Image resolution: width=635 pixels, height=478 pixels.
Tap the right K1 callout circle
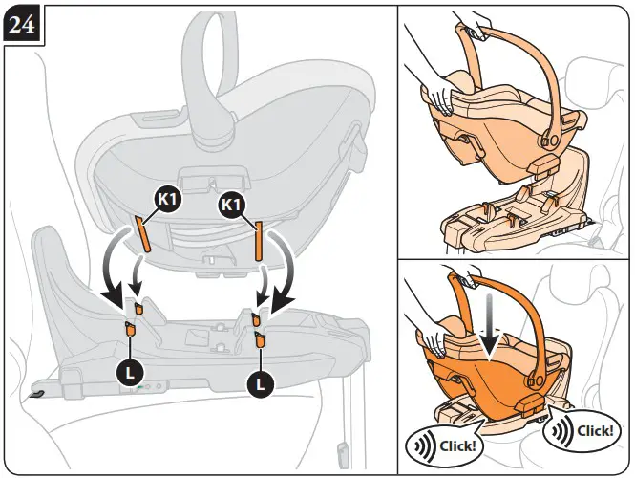[232, 205]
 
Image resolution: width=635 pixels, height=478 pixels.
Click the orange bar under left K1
[142, 234]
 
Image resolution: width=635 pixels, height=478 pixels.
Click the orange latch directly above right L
[259, 335]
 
